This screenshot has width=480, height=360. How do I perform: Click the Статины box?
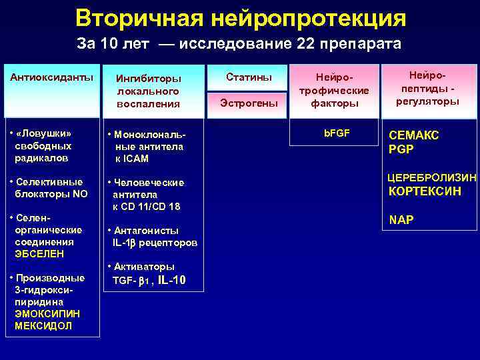[x=249, y=77]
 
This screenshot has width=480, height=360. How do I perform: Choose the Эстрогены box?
[x=249, y=103]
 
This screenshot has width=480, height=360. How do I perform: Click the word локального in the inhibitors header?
[x=147, y=91]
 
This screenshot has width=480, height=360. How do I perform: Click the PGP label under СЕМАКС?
[x=401, y=149]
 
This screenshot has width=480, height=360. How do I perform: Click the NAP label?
[x=401, y=220]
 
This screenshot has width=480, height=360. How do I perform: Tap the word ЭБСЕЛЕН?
[x=36, y=254]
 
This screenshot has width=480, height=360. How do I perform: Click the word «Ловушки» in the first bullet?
[x=43, y=132]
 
